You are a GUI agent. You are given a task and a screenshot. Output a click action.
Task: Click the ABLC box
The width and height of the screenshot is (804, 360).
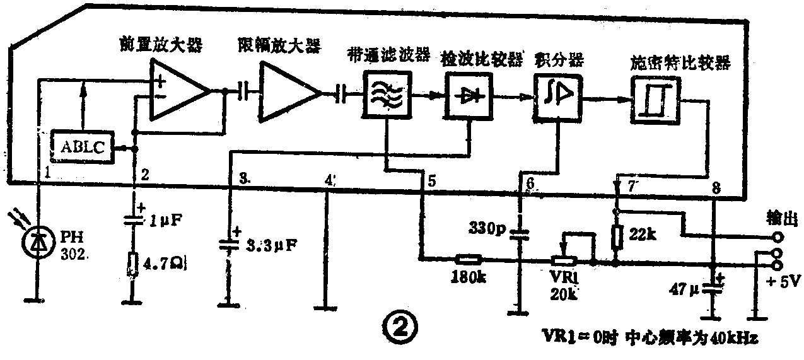click(82, 147)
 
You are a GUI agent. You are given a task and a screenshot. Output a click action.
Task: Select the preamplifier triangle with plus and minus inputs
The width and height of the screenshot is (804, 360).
click(177, 91)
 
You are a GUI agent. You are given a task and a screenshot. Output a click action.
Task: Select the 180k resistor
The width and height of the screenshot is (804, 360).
click(468, 258)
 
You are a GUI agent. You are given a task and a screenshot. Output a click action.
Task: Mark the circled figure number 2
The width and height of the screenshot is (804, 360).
click(399, 327)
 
